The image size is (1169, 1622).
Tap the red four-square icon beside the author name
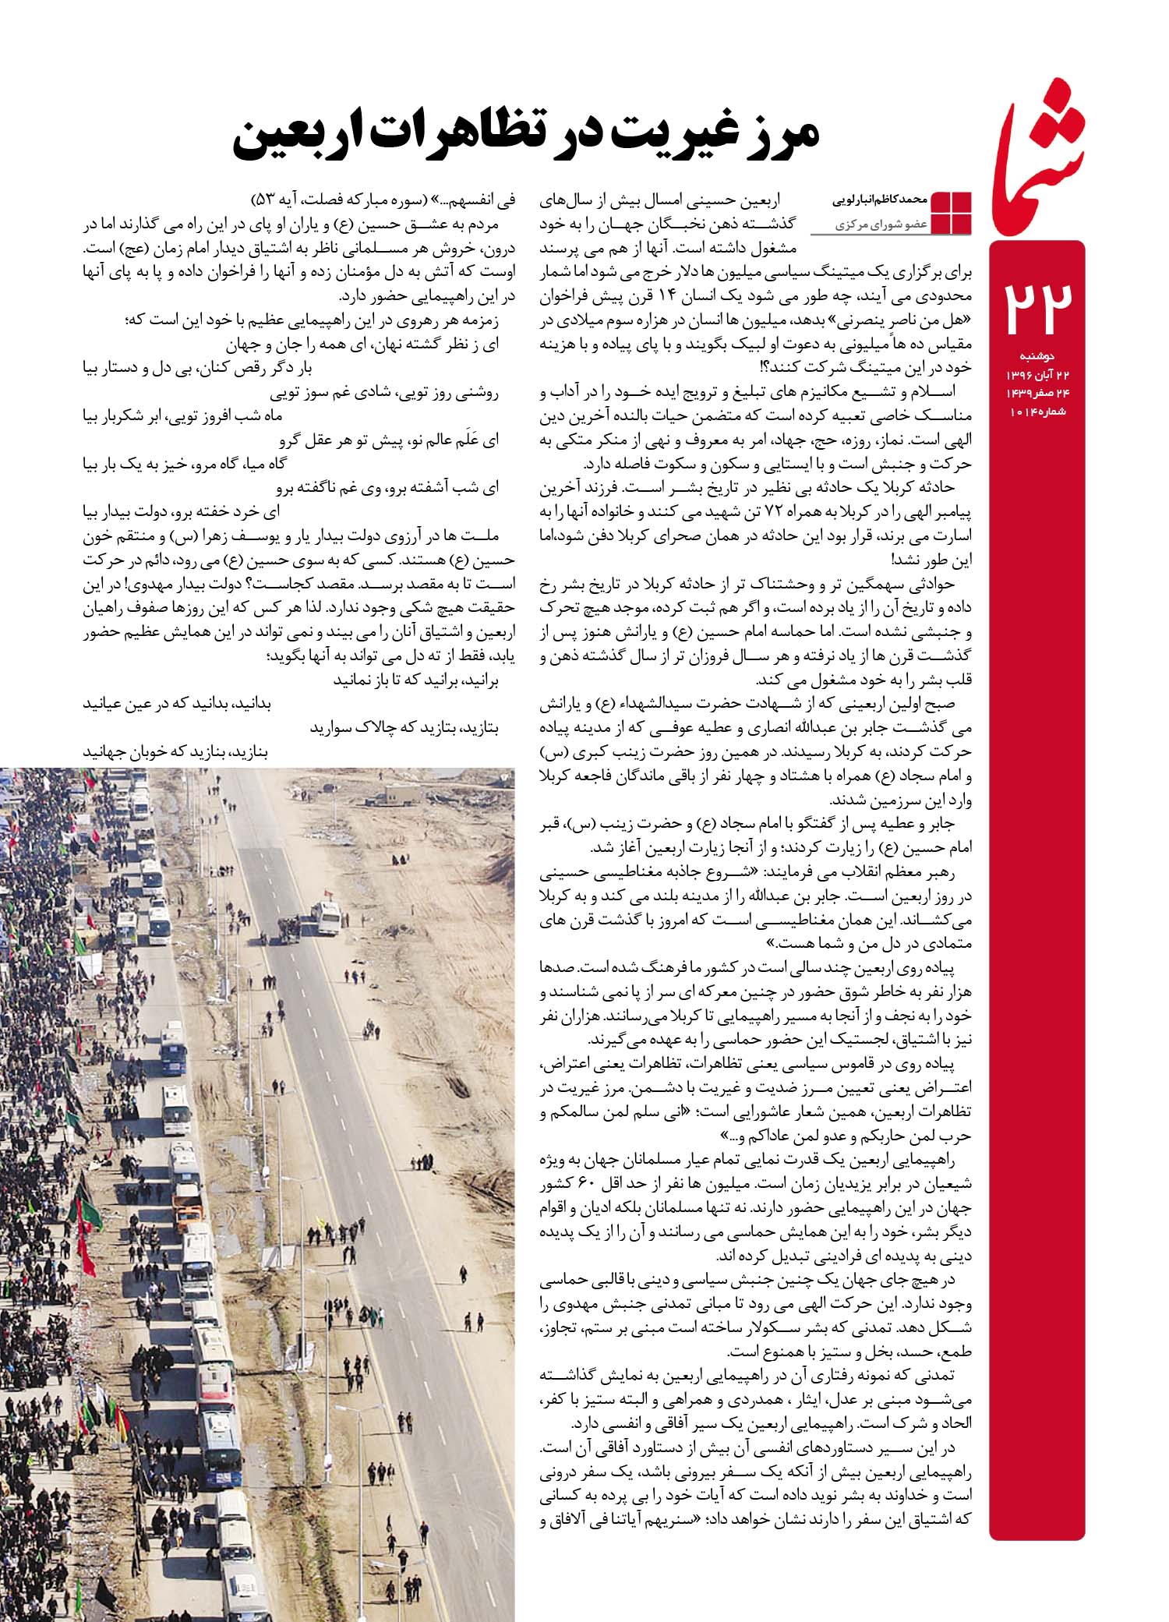[x=952, y=211]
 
